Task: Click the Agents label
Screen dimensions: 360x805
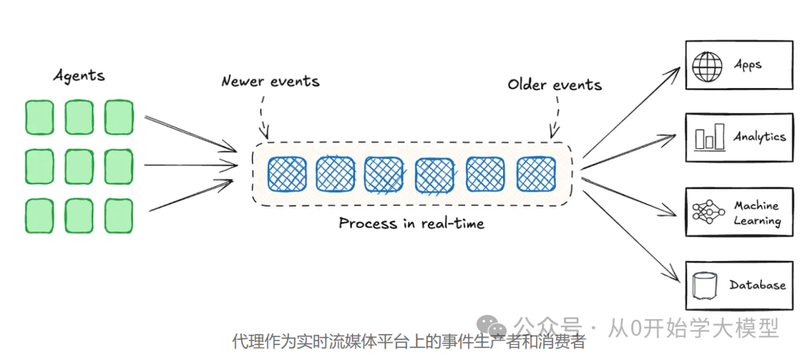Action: tap(79, 75)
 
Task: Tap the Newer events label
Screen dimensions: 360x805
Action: tap(270, 81)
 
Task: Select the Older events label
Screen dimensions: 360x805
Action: tap(555, 84)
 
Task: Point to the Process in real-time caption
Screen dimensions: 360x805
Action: tap(411, 223)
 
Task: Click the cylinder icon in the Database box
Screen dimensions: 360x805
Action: tap(705, 285)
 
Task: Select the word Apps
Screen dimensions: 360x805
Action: tap(748, 66)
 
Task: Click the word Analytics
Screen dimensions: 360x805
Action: tap(759, 137)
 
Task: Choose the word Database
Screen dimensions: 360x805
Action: tap(757, 285)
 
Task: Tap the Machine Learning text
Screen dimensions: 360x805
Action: tap(757, 213)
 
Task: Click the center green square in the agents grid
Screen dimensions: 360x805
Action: tap(79, 165)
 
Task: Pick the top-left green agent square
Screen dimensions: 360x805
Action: tap(40, 117)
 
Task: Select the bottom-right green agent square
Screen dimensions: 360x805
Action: tap(119, 215)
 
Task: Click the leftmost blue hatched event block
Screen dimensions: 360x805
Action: tap(287, 174)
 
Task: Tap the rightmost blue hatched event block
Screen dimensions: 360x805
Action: tap(537, 174)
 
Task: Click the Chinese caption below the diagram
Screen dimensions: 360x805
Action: tap(409, 342)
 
